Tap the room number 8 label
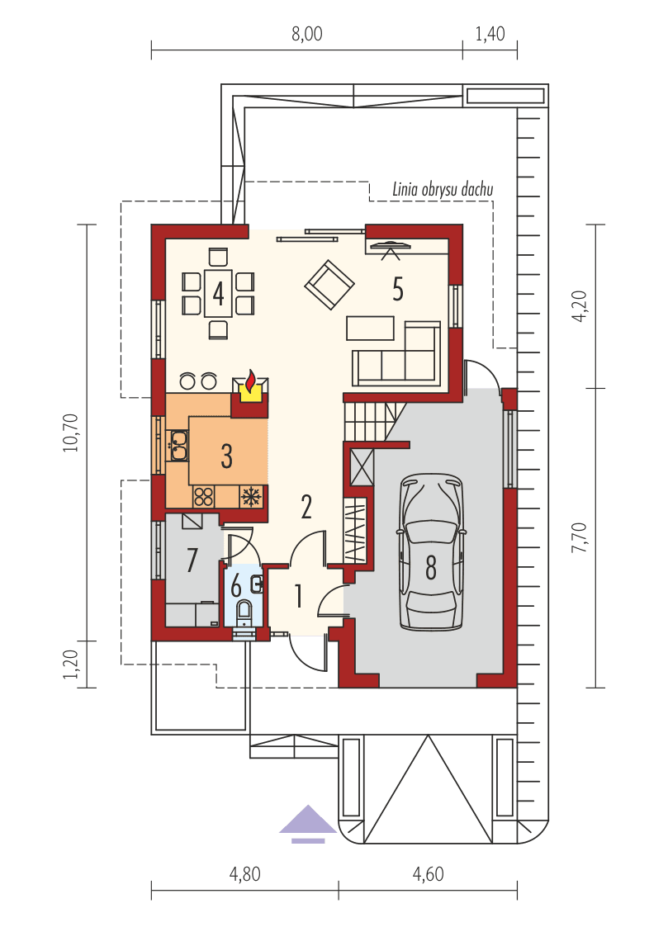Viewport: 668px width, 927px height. (431, 567)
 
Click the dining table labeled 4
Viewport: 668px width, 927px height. (218, 293)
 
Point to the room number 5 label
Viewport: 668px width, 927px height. (398, 291)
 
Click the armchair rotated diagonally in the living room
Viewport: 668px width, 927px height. (329, 285)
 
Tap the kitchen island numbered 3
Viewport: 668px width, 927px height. (227, 452)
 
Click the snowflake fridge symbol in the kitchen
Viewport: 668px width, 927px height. (251, 496)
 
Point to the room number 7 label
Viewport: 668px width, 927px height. (192, 560)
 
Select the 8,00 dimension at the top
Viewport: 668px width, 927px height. (306, 35)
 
